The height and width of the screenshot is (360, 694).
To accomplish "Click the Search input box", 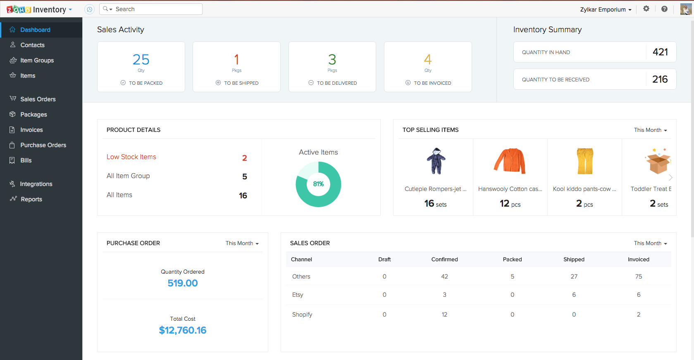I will (157, 9).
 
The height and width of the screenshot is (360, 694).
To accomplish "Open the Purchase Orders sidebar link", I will (43, 145).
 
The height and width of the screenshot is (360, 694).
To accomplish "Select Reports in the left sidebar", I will (31, 199).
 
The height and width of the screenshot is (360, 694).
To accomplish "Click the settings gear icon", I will (646, 9).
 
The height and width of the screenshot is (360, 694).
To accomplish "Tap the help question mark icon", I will (664, 9).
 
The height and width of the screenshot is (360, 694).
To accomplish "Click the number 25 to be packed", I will (141, 60).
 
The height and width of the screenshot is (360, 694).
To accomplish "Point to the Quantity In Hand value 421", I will (660, 52).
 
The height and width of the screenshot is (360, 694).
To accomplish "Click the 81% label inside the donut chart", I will (318, 184).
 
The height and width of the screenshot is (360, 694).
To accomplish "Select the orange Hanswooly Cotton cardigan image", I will (510, 161).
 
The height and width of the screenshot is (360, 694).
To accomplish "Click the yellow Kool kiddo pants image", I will (585, 161).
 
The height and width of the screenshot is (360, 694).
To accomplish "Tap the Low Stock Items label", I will (131, 157).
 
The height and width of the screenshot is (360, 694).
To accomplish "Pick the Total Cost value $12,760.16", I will (183, 330).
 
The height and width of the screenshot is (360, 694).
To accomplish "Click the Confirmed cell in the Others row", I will (444, 277).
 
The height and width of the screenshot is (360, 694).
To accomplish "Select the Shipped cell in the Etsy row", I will (574, 295).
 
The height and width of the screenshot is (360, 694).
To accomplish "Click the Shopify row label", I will (302, 315).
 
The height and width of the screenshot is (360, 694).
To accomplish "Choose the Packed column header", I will (512, 260).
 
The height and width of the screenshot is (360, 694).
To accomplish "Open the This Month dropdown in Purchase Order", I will (242, 243).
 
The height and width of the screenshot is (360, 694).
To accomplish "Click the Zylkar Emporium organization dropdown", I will (606, 10).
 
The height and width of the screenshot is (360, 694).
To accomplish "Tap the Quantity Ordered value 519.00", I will (183, 283).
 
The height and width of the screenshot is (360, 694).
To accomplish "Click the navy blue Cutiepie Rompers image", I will (436, 161).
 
